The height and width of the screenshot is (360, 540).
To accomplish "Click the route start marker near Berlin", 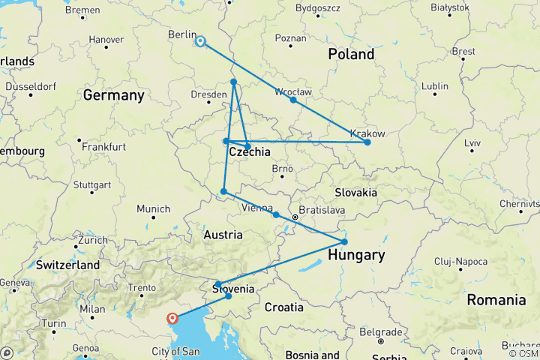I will click(200, 41).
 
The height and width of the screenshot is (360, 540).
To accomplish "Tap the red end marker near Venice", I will click(173, 318).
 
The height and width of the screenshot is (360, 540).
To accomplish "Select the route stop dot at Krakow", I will click(367, 142).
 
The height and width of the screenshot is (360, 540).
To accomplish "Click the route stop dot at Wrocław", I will click(293, 100).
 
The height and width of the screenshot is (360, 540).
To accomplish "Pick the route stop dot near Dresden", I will click(234, 82).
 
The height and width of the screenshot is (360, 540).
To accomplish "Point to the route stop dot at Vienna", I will click(276, 215).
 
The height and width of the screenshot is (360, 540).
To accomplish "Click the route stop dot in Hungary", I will click(344, 241).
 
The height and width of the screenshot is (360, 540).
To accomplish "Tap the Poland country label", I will click(351, 55).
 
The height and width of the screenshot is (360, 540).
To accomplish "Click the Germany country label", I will click(113, 95).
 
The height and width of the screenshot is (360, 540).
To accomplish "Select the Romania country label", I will click(496, 300).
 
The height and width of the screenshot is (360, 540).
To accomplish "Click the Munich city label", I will click(153, 208).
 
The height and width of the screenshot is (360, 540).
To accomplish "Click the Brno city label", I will click(282, 169).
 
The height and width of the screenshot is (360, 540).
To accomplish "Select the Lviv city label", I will click(473, 142).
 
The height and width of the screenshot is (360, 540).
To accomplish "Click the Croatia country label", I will click(283, 307).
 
